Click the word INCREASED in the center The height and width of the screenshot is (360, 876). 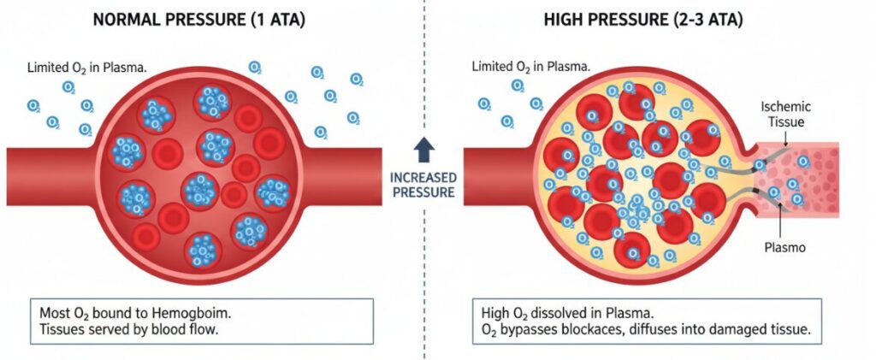coord(423,178)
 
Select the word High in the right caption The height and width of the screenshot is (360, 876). coord(494,310)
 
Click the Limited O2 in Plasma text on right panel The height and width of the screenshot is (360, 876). coord(521,67)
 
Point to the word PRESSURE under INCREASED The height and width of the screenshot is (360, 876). coord(423,192)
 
